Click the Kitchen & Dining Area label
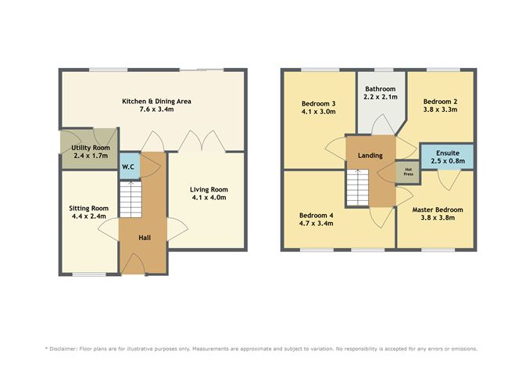click(156, 102)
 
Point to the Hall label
click(145, 237)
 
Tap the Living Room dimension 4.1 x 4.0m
click(209, 199)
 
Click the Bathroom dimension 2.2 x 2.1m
click(380, 99)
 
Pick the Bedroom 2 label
click(439, 101)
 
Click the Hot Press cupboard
click(406, 170)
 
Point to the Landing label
click(370, 155)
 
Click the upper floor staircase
click(357, 188)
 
